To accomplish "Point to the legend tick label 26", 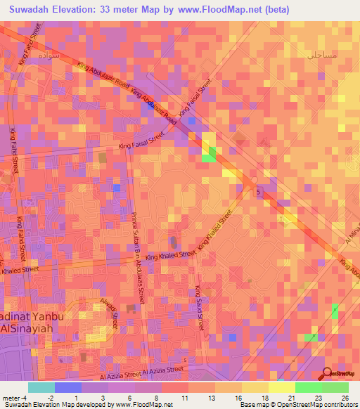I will [344, 398].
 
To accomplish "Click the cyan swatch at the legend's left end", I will [41, 387].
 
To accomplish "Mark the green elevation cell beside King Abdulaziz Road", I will [210, 156].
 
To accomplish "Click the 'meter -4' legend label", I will [14, 398].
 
